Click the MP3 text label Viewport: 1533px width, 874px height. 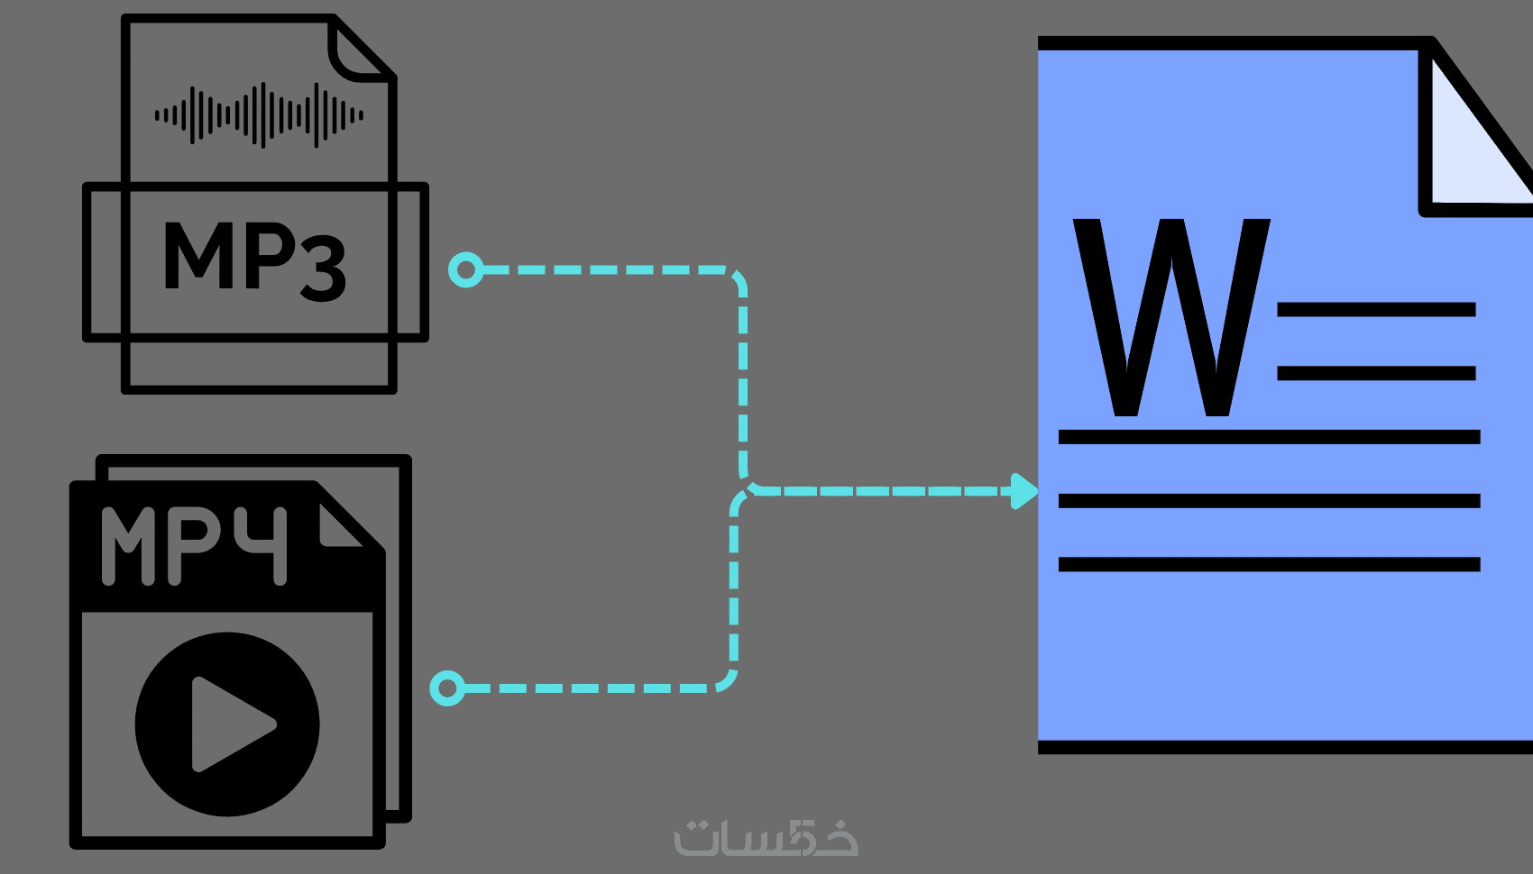(x=254, y=259)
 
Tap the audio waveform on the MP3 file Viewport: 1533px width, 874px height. (x=259, y=114)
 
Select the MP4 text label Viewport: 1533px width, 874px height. (x=194, y=545)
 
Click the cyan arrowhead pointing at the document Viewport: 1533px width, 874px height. (x=1024, y=491)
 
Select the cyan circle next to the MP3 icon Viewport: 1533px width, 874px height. (x=466, y=269)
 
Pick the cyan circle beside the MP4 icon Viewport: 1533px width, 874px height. (x=447, y=687)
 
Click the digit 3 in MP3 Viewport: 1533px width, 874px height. (x=323, y=267)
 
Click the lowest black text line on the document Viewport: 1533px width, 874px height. (x=1269, y=565)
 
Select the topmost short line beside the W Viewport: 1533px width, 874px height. (x=1376, y=310)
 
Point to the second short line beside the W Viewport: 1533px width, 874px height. (x=1376, y=373)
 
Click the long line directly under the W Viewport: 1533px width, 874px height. (x=1269, y=437)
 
